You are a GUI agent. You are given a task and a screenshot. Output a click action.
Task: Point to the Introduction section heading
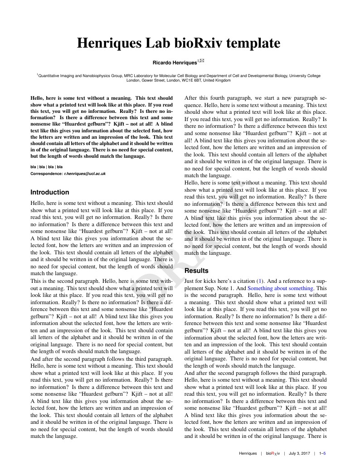point(49,192)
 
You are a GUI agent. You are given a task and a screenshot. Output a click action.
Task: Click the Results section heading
point(197,271)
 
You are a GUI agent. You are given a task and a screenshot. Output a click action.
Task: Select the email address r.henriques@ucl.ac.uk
point(85,174)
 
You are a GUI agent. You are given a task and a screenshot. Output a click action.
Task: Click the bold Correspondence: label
point(46,174)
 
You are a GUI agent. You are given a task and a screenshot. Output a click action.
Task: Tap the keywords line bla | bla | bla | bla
point(46,167)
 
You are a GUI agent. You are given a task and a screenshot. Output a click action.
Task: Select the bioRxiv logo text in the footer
point(273,453)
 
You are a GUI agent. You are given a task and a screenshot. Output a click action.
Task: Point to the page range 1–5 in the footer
point(323,453)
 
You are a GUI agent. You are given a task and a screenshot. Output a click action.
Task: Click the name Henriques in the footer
point(248,453)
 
